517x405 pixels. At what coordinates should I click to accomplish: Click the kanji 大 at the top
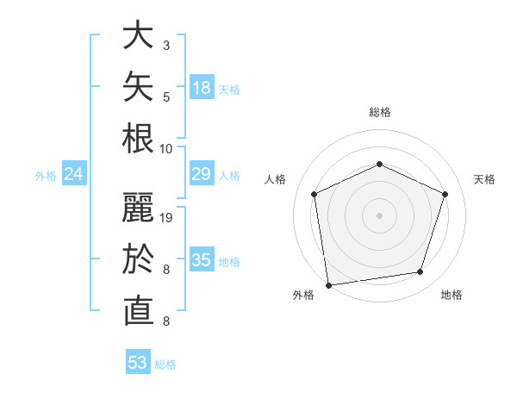point(138,34)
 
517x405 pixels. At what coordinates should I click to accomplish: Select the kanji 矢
point(138,86)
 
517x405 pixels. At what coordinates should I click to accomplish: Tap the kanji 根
point(138,138)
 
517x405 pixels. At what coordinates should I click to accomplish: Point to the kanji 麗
point(138,207)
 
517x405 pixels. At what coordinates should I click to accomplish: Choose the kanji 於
point(138,259)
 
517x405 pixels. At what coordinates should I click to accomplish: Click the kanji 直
point(139,311)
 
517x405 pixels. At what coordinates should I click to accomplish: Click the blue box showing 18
point(202,87)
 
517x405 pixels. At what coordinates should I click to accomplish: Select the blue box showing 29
point(202,173)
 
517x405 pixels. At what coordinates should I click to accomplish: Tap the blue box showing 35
point(202,259)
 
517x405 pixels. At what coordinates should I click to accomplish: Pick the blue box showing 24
point(74,173)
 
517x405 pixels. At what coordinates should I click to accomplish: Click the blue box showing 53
point(138,361)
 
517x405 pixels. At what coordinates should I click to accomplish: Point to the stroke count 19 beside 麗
point(165,218)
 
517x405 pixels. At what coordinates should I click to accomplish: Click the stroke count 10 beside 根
point(165,149)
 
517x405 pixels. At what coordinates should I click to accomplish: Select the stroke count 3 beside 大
point(166,46)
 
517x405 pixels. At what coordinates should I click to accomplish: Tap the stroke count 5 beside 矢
point(166,97)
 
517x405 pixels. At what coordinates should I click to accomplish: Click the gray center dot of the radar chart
point(379,215)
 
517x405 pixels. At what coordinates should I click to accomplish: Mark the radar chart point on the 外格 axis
point(328,285)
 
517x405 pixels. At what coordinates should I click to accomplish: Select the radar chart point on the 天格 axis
point(445,194)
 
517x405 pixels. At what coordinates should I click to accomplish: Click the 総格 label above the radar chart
point(380,112)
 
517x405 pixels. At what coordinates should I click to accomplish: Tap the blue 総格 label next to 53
point(165,364)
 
